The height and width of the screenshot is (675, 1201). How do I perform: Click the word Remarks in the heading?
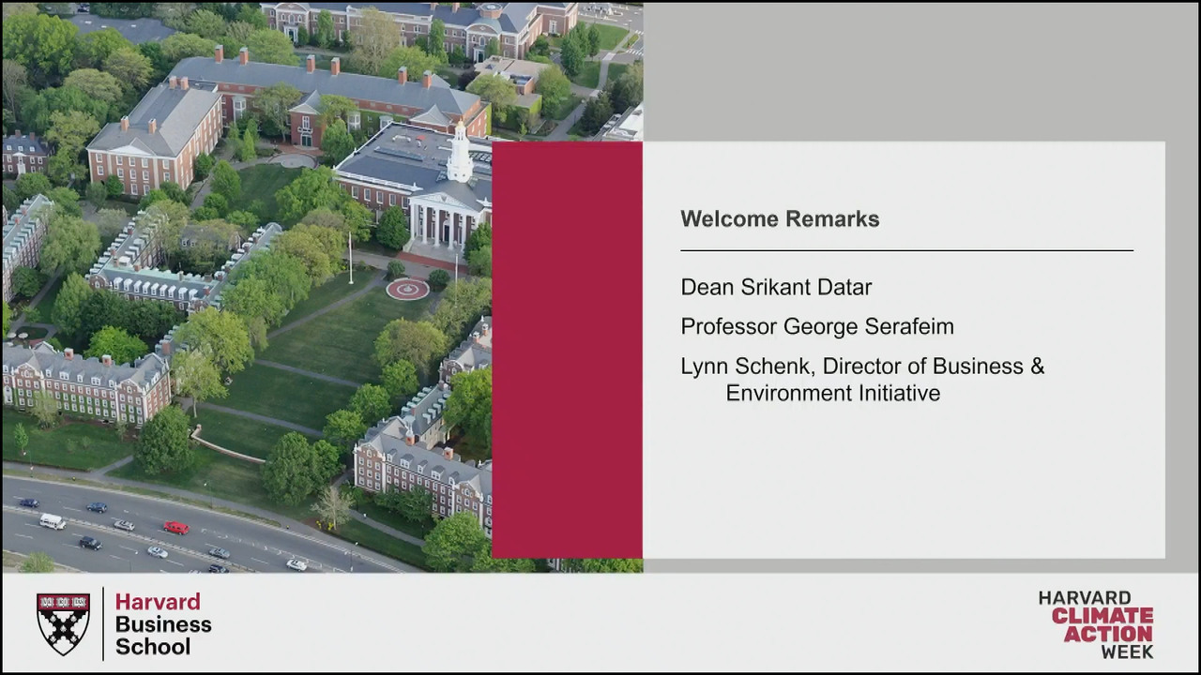coord(832,219)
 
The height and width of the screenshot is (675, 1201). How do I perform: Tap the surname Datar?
coord(844,287)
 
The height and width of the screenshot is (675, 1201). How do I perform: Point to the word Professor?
coord(729,326)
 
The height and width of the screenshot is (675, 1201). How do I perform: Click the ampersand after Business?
coord(1038,367)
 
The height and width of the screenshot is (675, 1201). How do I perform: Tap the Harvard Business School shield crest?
coord(63,623)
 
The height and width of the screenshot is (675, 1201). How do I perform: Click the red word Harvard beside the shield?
coord(159,602)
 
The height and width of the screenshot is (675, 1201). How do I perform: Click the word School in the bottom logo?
coord(153,647)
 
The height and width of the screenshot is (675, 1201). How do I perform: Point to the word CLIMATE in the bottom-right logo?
coord(1102,616)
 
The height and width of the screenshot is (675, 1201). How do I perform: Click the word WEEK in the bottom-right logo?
coord(1127,652)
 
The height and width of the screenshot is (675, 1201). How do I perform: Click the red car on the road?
coord(176,528)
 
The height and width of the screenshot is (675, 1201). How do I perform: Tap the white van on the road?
coord(53,521)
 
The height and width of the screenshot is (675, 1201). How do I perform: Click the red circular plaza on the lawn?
coord(407,290)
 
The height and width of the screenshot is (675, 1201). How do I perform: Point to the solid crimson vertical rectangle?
coord(568,350)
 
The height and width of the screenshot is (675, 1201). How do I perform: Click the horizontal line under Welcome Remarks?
coord(907,250)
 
